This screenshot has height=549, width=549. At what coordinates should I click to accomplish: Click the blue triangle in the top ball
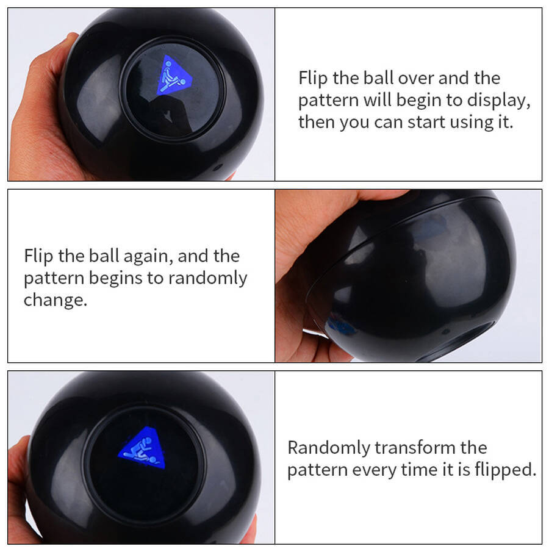click(x=174, y=76)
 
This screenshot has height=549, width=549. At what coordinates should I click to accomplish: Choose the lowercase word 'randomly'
click(x=207, y=279)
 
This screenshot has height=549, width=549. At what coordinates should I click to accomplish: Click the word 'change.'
click(x=56, y=300)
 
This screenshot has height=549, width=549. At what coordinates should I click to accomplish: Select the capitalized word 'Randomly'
click(x=329, y=448)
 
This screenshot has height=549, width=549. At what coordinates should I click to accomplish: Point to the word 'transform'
click(x=415, y=448)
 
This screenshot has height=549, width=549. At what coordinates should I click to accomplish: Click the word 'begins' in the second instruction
click(x=115, y=279)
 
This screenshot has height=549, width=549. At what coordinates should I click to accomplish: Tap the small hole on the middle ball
click(x=445, y=331)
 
